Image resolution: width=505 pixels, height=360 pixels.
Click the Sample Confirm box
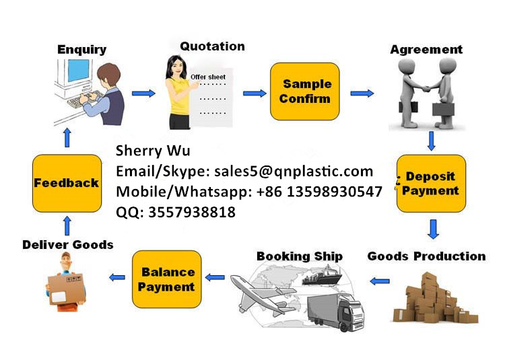304,92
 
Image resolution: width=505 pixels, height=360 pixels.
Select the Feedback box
67,183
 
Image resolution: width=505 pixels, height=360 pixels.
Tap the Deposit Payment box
431,184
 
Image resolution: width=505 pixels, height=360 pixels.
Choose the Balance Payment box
167,279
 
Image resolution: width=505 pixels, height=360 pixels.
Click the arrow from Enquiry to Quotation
143,94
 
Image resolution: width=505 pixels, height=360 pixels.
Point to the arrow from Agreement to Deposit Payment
431,141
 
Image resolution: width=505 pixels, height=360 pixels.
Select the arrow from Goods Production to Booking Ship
379,281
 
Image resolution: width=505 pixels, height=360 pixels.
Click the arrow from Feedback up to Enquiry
67,138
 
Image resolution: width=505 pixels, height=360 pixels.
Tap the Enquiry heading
81,50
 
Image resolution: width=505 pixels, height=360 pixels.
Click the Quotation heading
212,46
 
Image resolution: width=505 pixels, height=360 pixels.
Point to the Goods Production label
426,256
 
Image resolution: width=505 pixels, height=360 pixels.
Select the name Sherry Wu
153,151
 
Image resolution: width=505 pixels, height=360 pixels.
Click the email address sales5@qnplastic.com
294,171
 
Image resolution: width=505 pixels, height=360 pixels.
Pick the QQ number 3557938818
192,213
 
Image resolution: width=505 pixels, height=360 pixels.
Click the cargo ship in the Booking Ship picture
322,276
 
